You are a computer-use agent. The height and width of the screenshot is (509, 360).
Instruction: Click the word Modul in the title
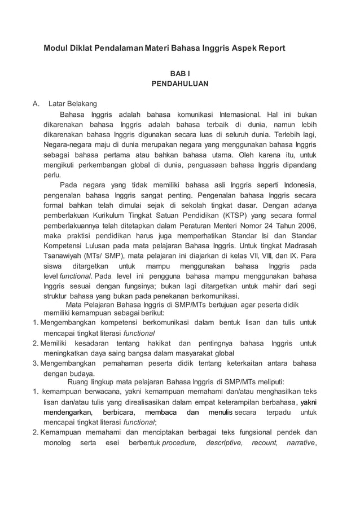point(56,49)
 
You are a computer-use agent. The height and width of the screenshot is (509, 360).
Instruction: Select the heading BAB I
point(180,73)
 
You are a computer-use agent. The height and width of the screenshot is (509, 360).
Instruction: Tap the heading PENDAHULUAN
point(180,84)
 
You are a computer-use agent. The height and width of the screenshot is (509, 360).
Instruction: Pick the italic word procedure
point(179,443)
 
